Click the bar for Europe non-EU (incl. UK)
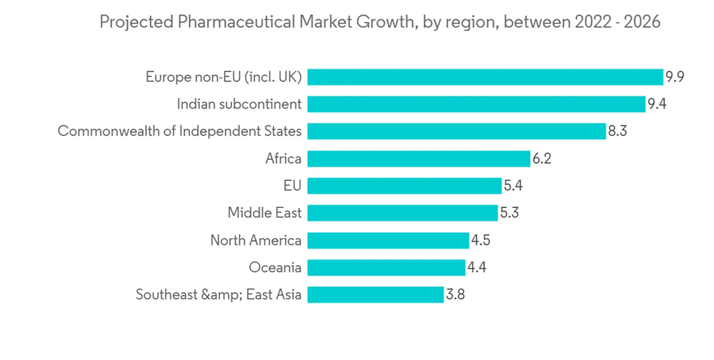486,77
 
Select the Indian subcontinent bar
476,104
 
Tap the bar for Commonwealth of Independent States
457,131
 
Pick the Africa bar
419,159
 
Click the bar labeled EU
405,186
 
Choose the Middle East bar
403,213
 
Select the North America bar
388,240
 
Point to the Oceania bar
386,267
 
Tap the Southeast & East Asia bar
376,294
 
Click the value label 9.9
675,77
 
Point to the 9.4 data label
657,104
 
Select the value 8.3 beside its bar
617,131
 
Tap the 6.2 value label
542,159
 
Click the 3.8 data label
456,294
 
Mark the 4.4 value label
477,267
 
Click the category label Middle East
264,213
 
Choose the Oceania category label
275,267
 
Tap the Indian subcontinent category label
239,104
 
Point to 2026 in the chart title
642,23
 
